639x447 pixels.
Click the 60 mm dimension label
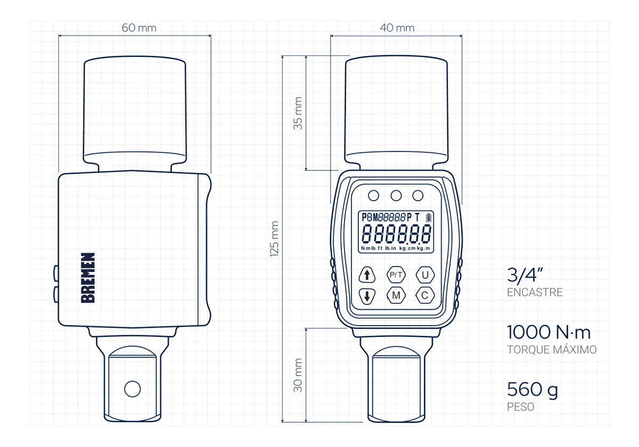pos(139,28)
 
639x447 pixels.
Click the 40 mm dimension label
pos(397,28)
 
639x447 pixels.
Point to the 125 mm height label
pos(274,239)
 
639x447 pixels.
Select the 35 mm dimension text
pos(298,113)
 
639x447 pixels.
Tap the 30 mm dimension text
pos(298,375)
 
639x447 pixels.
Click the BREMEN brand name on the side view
pos(88,278)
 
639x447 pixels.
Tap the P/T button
pos(396,275)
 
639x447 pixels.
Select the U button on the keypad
pos(425,275)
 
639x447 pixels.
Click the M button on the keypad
pos(396,295)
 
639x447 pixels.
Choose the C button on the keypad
pos(425,295)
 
